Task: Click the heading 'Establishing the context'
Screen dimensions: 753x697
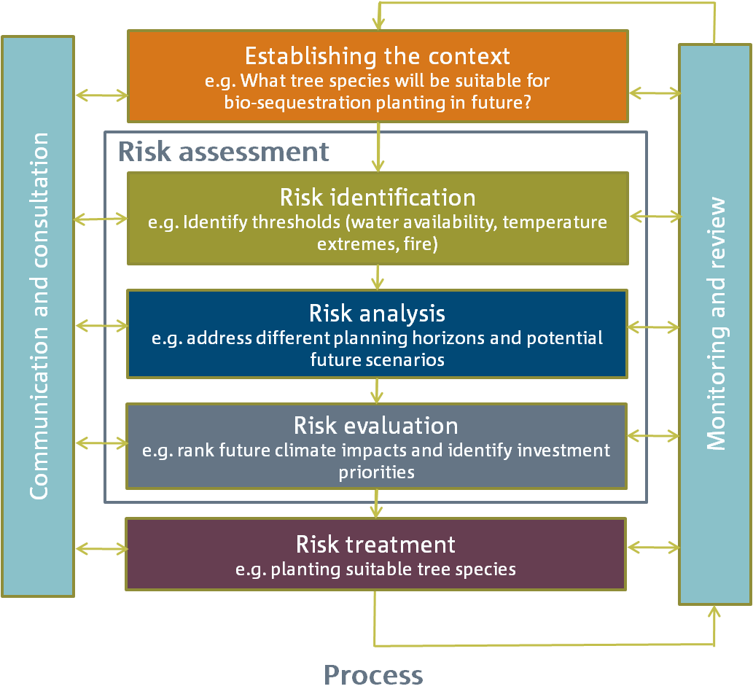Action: click(x=378, y=57)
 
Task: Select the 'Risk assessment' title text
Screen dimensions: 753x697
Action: click(x=223, y=152)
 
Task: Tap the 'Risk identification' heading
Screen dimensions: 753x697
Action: click(x=378, y=198)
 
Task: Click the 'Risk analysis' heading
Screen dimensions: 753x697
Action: click(x=377, y=314)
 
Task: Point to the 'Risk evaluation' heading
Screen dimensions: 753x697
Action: click(x=376, y=426)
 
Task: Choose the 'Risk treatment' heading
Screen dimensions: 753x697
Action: click(x=375, y=544)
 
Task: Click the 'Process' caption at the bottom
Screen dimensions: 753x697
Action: click(x=373, y=675)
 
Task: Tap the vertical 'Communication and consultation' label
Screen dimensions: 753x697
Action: click(x=39, y=316)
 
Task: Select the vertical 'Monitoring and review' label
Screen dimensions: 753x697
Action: click(x=716, y=323)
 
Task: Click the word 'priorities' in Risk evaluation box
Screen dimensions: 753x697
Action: click(x=376, y=472)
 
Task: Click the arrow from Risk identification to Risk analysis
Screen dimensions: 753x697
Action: click(x=378, y=277)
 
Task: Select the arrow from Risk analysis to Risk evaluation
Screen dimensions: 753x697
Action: click(x=377, y=391)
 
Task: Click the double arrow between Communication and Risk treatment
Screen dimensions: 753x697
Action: click(x=102, y=548)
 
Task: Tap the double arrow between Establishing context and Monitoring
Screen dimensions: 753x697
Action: click(x=655, y=93)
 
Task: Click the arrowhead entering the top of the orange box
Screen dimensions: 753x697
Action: click(x=379, y=23)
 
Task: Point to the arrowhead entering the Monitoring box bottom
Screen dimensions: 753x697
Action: click(x=714, y=612)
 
